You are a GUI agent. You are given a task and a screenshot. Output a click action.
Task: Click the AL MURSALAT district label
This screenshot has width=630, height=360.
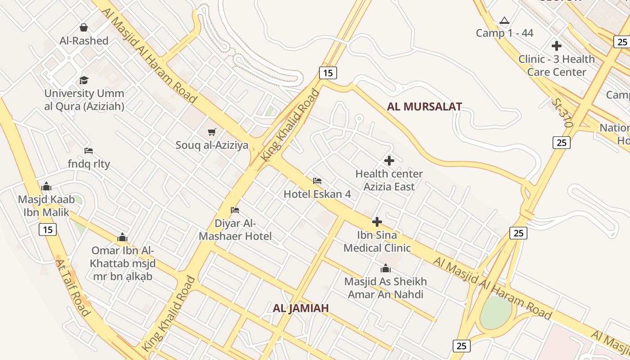(424, 107)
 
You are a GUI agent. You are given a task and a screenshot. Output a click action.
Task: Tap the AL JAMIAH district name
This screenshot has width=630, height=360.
(301, 308)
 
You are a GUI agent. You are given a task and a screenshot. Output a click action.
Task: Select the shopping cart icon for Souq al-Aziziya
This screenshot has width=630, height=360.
(212, 132)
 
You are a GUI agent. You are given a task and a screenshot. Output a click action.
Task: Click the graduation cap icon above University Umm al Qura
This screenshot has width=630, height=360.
(84, 80)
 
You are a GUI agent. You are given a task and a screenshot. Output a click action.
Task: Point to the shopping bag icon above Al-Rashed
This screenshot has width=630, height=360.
(84, 27)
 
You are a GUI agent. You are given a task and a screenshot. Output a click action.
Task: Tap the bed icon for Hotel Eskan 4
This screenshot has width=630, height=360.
(317, 181)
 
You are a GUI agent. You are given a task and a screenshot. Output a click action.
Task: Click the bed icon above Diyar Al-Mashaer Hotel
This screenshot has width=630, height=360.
(235, 210)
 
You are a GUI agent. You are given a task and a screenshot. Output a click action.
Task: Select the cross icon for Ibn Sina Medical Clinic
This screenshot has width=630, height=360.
(377, 221)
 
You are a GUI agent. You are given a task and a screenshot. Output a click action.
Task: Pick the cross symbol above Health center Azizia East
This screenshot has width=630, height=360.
(389, 160)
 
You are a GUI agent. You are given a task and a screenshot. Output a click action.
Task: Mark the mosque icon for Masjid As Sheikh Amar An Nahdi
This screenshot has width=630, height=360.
(385, 269)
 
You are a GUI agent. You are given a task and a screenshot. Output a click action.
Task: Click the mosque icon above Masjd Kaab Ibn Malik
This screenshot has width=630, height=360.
(46, 186)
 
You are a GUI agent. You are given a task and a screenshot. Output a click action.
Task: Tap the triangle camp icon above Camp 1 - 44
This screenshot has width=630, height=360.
(504, 20)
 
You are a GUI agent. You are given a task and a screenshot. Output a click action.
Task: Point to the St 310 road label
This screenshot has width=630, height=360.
(562, 112)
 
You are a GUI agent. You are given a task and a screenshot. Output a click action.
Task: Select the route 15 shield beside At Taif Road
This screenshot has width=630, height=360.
(48, 229)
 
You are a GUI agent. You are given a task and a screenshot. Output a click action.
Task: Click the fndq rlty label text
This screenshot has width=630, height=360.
(89, 164)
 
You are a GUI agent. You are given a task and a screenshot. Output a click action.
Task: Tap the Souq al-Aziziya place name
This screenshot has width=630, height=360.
(212, 145)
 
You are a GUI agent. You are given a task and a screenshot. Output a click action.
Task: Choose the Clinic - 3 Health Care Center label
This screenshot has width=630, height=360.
(557, 65)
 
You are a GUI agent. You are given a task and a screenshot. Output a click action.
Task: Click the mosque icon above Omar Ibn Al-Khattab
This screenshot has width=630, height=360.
(122, 237)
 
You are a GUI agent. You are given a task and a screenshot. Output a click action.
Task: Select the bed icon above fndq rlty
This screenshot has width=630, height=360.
(89, 151)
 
